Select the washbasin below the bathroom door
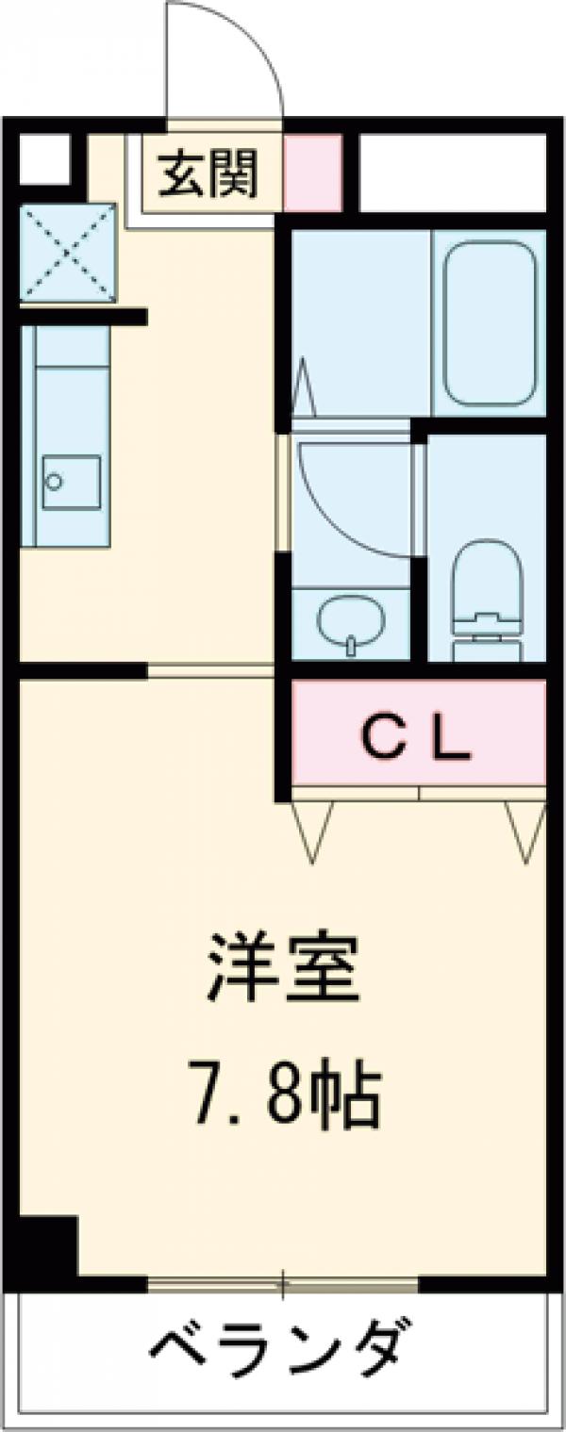(351, 623)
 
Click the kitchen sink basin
(72, 482)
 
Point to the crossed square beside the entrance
(68, 253)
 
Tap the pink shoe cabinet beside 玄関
(312, 173)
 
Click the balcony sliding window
(283, 1283)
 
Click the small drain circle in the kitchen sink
(54, 482)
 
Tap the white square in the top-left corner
(44, 159)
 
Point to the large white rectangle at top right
(453, 173)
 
